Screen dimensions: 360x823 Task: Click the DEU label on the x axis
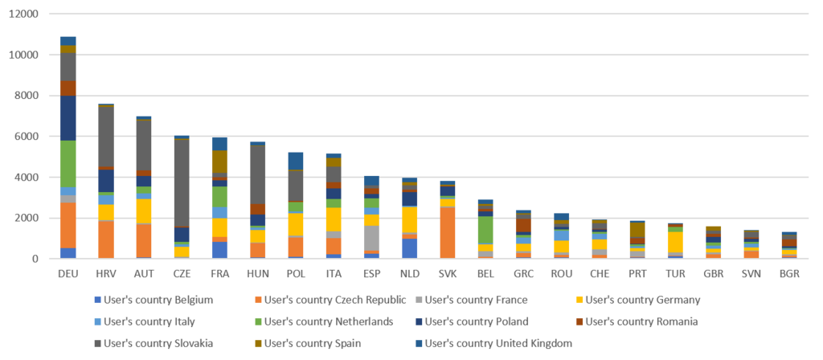pyautogui.click(x=68, y=273)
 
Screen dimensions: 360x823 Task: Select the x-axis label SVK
pyautogui.click(x=448, y=273)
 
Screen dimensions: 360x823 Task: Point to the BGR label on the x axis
pyautogui.click(x=790, y=273)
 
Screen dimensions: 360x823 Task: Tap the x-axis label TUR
pyautogui.click(x=676, y=273)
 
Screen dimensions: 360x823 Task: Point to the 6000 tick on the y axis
pyautogui.click(x=27, y=137)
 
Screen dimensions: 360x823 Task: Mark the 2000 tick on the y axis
pyautogui.click(x=27, y=218)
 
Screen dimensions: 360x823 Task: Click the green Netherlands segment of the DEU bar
pyautogui.click(x=68, y=165)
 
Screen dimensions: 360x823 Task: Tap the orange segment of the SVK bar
pyautogui.click(x=448, y=232)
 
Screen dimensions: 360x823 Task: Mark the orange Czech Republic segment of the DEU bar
pyautogui.click(x=68, y=225)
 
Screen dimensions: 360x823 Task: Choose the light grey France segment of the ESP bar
pyautogui.click(x=372, y=238)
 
